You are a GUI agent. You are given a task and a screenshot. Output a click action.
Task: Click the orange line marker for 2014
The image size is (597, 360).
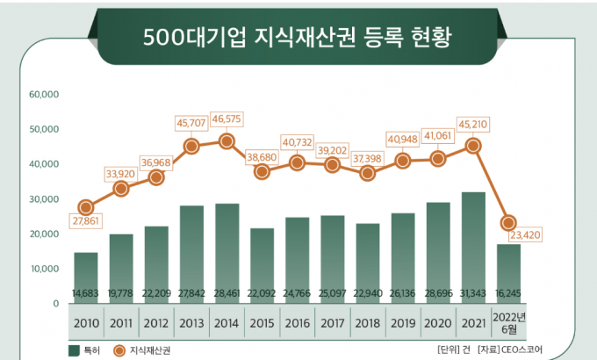[227, 140]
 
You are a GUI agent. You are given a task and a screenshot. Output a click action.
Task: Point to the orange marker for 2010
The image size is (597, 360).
[85, 208]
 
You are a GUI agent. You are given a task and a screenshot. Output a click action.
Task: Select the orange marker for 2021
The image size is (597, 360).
[472, 146]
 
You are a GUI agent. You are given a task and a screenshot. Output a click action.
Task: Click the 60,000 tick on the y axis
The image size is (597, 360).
[43, 94]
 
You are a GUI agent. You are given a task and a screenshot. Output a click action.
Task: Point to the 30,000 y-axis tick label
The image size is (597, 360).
[43, 199]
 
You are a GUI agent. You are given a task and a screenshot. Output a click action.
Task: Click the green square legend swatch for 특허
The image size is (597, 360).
[75, 349]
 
